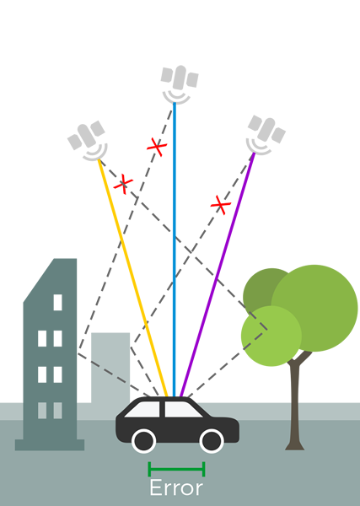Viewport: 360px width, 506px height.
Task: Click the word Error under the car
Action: (176, 488)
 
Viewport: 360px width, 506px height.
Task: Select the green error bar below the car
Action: (176, 469)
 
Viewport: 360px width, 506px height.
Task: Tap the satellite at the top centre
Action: (180, 84)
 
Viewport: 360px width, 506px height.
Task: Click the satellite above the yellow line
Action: (88, 140)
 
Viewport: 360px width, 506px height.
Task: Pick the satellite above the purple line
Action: (266, 135)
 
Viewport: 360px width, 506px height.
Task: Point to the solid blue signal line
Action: (175, 250)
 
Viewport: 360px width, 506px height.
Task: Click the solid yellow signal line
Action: (132, 277)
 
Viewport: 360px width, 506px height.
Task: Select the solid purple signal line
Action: (218, 274)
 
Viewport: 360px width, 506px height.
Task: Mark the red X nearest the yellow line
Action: (123, 184)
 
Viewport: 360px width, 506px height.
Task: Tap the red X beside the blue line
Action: (157, 147)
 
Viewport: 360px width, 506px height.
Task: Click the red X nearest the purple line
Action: (221, 205)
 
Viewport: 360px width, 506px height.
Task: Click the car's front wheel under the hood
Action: (212, 441)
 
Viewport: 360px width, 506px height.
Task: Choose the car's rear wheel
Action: (144, 441)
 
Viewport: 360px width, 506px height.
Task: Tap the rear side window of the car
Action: (143, 410)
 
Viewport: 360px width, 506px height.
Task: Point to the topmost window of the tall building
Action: (57, 303)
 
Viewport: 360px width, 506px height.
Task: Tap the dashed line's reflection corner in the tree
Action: (267, 330)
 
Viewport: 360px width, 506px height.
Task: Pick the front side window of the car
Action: (182, 410)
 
